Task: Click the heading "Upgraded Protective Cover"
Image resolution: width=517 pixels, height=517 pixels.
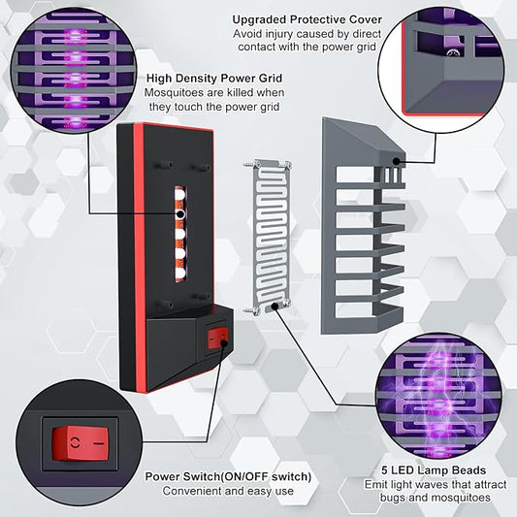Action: pyautogui.click(x=307, y=19)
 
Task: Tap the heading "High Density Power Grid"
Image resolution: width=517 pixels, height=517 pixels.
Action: pyautogui.click(x=214, y=79)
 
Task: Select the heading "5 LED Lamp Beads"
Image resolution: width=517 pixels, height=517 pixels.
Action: pyautogui.click(x=434, y=470)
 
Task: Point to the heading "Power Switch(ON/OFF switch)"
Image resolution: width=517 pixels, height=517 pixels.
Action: pyautogui.click(x=228, y=477)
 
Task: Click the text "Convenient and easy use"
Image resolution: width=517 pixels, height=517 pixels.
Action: pyautogui.click(x=228, y=491)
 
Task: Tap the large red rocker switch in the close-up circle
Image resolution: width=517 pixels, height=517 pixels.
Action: pyautogui.click(x=81, y=443)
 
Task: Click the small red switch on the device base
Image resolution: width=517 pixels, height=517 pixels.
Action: pyautogui.click(x=217, y=339)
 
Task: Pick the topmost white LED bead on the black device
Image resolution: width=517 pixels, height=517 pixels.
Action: pyautogui.click(x=179, y=194)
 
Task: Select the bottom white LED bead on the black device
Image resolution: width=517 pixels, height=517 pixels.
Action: pyautogui.click(x=179, y=274)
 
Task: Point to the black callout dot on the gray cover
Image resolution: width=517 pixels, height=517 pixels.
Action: pyautogui.click(x=396, y=161)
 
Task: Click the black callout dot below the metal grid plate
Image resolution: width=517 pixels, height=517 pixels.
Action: pyautogui.click(x=274, y=306)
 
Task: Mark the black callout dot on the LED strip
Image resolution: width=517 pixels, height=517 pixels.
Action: pyautogui.click(x=180, y=214)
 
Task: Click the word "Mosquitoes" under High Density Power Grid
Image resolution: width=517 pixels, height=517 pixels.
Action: pyautogui.click(x=174, y=93)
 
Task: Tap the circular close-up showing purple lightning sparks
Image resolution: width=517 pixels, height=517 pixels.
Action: pyautogui.click(x=438, y=396)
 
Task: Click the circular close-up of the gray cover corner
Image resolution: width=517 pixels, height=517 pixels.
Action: pyautogui.click(x=441, y=70)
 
